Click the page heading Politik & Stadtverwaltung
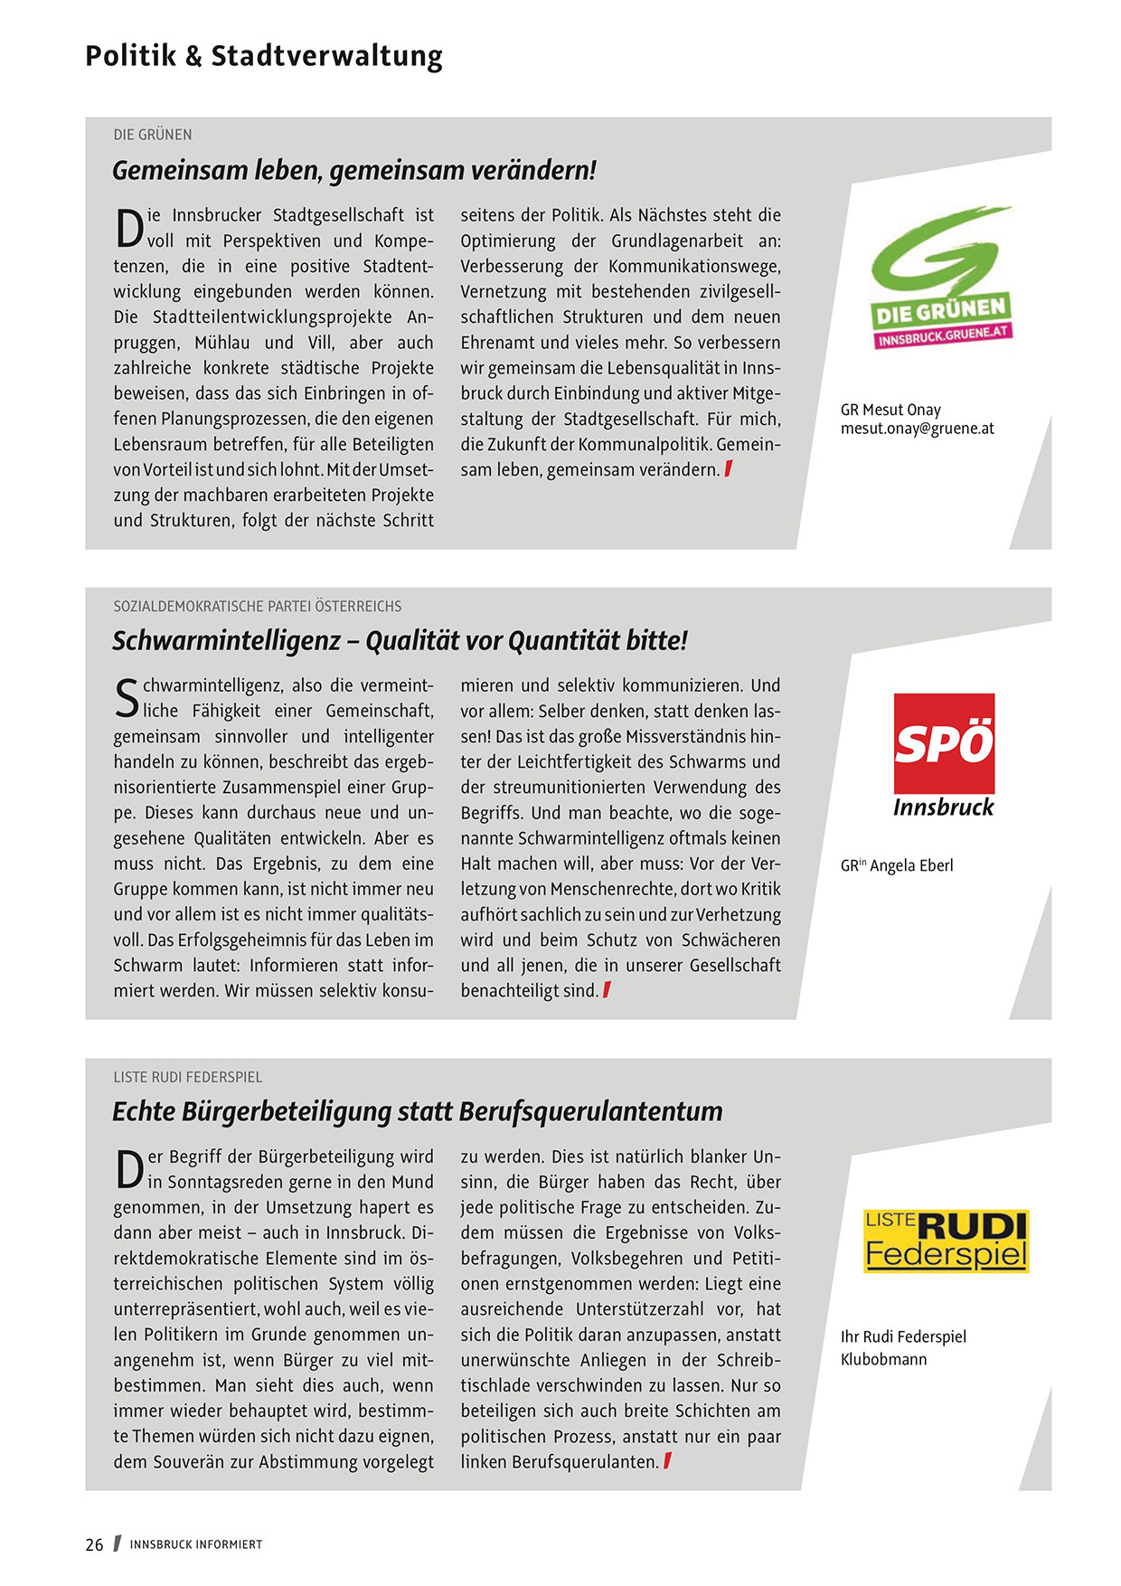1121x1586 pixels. point(264,56)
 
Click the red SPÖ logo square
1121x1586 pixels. point(944,743)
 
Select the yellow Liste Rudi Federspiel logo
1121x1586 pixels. point(946,1241)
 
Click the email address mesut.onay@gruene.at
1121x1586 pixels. point(917,429)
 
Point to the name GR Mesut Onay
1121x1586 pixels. point(890,410)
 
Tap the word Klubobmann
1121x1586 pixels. point(883,1359)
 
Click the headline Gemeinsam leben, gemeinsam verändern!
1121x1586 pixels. point(354,170)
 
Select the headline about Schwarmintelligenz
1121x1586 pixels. point(400,640)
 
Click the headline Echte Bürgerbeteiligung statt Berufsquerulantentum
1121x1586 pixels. point(417,1111)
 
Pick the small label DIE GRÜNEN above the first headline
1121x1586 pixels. point(153,135)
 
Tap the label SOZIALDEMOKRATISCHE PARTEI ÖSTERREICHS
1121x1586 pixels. point(258,606)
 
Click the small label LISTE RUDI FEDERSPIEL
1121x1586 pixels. point(188,1077)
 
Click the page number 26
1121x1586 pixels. point(95,1544)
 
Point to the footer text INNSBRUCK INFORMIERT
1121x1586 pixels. point(196,1544)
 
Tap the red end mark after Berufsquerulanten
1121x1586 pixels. point(667,1460)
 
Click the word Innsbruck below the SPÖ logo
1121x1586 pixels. point(943,807)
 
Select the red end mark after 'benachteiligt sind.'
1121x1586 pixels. point(607,990)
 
